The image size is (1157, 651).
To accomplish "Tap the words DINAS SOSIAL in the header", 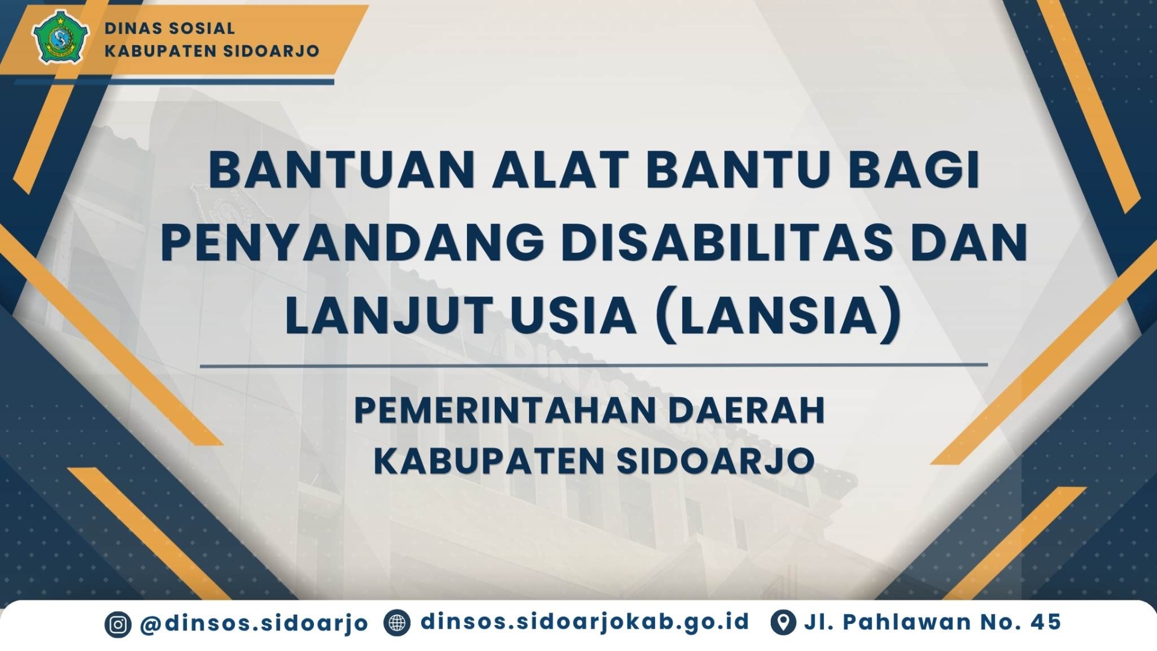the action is [x=170, y=28].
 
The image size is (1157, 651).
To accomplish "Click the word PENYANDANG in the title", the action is [x=352, y=242].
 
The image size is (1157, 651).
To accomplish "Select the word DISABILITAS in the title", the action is [x=727, y=242].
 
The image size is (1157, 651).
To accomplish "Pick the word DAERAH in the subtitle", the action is [x=747, y=410].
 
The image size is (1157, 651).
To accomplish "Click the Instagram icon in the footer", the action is [x=118, y=624].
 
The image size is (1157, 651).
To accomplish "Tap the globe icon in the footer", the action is [x=397, y=623].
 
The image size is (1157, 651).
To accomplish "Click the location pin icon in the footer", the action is [x=783, y=623].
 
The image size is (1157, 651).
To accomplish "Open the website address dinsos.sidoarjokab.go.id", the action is [x=585, y=622].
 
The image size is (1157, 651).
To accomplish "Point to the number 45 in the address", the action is [x=1046, y=622].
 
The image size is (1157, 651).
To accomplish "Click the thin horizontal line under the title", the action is [x=594, y=365].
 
